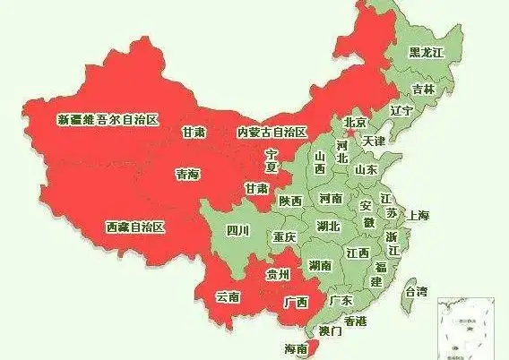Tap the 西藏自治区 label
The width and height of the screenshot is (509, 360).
coord(135,227)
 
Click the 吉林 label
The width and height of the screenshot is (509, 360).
coord(423,90)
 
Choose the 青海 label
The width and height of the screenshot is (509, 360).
coord(187,176)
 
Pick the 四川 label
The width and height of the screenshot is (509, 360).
coord(237,231)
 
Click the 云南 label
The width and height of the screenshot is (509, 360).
coord(229,295)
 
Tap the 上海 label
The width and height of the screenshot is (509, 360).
coord(418,216)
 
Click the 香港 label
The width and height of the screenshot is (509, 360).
coord(354,321)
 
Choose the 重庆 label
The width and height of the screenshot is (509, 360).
coord(285,237)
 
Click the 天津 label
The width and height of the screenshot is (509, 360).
coord(373,141)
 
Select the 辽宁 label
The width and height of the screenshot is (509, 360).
coord(401,110)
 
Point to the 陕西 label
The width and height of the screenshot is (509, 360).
coord(290,201)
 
